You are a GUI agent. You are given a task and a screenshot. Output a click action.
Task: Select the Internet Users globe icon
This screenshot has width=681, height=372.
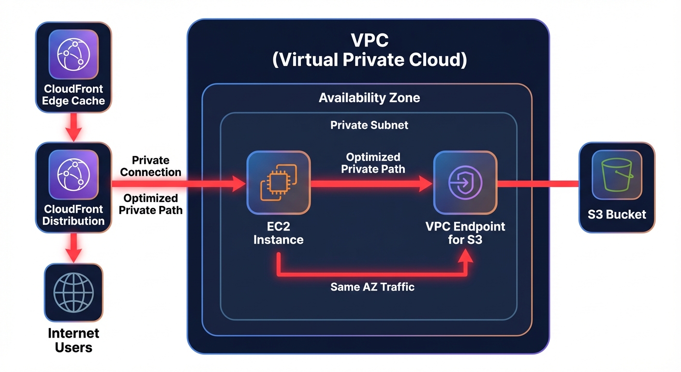pyautogui.click(x=74, y=294)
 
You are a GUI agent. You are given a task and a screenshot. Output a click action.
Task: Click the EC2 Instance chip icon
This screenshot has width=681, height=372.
pyautogui.click(x=279, y=183)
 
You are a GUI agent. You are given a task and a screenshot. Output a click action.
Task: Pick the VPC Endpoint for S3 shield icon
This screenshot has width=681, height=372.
pyautogui.click(x=465, y=183)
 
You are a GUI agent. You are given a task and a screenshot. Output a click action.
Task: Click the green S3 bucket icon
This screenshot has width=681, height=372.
pyautogui.click(x=617, y=175)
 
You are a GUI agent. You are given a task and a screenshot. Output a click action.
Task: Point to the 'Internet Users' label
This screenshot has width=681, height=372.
pyautogui.click(x=74, y=340)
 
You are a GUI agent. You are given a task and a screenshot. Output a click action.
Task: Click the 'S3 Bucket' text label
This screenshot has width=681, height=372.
pyautogui.click(x=617, y=215)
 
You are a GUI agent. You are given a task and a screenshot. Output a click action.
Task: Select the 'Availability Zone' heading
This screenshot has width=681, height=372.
pyautogui.click(x=369, y=98)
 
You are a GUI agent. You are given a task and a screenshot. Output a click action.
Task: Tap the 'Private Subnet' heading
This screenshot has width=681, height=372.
pyautogui.click(x=369, y=125)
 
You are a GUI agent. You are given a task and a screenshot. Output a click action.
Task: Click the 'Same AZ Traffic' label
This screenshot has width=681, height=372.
pyautogui.click(x=372, y=287)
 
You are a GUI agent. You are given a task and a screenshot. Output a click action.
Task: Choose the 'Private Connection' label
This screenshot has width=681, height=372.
pyautogui.click(x=150, y=166)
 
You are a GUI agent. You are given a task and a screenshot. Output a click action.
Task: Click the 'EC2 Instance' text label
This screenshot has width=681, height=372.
pyautogui.click(x=279, y=233)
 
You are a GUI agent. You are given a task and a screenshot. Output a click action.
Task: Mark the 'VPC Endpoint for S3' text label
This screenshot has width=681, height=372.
pyautogui.click(x=465, y=233)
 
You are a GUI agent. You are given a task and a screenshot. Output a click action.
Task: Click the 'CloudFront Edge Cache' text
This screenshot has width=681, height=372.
pyautogui.click(x=74, y=95)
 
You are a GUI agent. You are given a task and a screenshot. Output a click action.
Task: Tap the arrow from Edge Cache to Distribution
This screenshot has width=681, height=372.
pyautogui.click(x=74, y=127)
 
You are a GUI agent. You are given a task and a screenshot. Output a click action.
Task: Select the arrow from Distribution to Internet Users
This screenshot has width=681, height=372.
pyautogui.click(x=74, y=248)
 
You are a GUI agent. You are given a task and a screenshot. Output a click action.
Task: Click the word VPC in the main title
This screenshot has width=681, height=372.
pyautogui.click(x=369, y=40)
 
